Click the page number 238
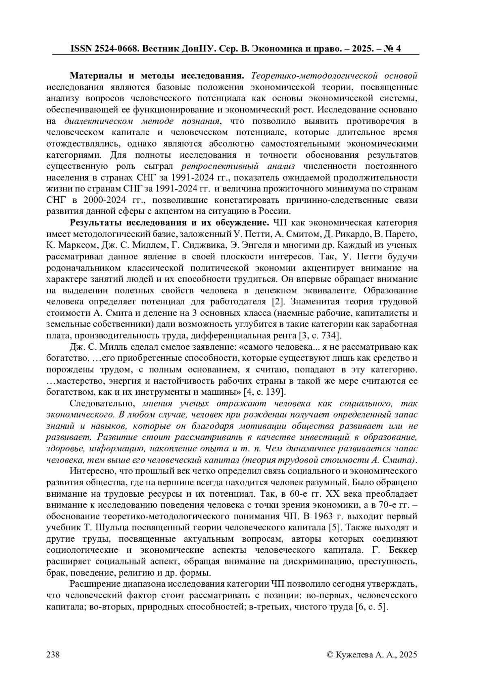click(54, 654)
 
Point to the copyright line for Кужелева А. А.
click(372, 654)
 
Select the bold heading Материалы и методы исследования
click(157, 76)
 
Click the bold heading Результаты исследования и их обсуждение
click(170, 223)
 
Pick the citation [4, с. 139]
click(264, 392)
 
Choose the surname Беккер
click(400, 551)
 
